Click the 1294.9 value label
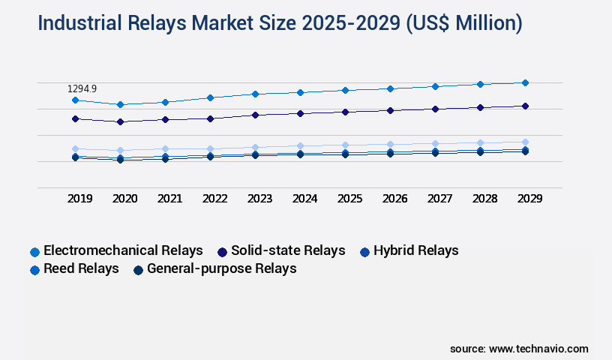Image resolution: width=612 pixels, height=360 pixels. coord(82,89)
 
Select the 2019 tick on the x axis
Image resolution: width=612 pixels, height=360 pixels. coord(80,199)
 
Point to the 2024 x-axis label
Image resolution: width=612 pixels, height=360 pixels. coord(304,199)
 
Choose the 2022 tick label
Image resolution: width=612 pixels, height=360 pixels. coord(214,199)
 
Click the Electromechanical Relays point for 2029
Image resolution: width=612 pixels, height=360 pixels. coord(525,82)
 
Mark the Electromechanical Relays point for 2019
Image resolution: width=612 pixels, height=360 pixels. coord(75,100)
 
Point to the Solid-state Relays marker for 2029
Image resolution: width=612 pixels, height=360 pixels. coord(525,106)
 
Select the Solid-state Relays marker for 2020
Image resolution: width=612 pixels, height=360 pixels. coord(120,121)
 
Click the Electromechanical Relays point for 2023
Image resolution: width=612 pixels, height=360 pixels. coord(255,94)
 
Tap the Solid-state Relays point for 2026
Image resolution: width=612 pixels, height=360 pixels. coord(390,110)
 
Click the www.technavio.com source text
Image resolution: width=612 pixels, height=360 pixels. coord(538,349)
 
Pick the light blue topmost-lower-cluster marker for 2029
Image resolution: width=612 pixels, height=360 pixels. coord(525,142)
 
